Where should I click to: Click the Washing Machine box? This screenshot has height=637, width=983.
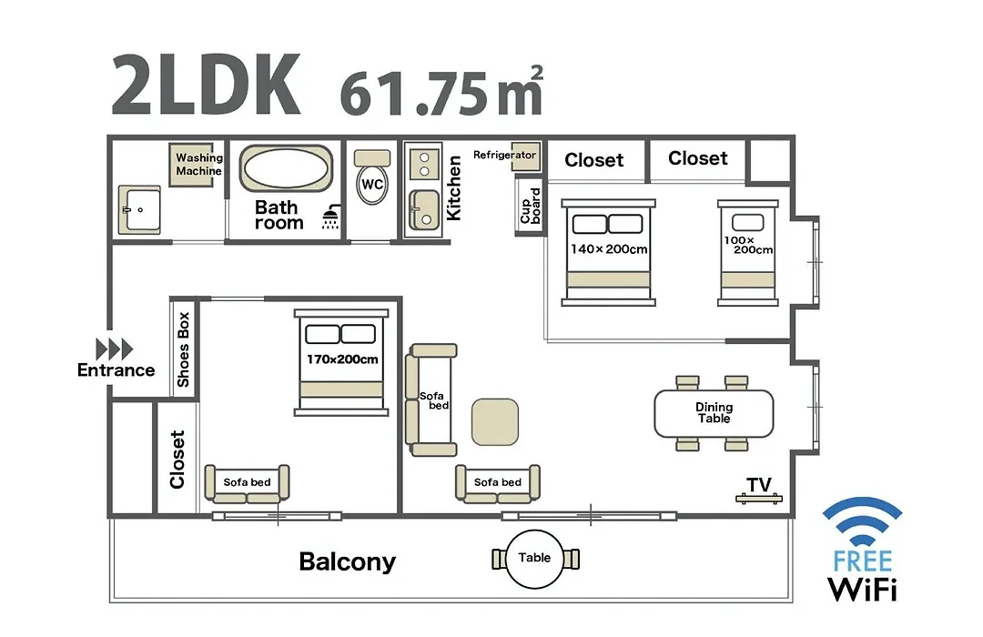pos(196,165)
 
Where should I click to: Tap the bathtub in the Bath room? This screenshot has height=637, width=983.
pos(286,168)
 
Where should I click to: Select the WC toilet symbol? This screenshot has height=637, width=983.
pos(372,177)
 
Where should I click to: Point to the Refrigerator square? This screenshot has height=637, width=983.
pos(525,157)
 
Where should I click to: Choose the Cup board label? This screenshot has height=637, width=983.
pos(531,206)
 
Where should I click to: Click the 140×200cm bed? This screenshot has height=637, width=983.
pos(608,253)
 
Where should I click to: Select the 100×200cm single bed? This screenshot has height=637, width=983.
pos(748,253)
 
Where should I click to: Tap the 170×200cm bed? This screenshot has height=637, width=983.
pos(341,362)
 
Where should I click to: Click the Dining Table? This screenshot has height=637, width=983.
pos(714,413)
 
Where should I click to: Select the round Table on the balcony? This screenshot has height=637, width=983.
pos(535,559)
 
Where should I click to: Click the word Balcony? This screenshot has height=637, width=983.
pos(348,561)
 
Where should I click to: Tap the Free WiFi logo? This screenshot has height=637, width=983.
pos(863,550)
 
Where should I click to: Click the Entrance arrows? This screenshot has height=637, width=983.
pos(114,349)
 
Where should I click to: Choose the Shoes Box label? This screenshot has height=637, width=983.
pos(183,349)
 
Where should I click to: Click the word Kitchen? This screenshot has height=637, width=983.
pos(453,188)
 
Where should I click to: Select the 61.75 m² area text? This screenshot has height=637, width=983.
pos(441,92)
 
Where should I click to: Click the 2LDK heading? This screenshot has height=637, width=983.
pos(206,86)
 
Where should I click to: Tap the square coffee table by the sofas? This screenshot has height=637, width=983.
pos(494,422)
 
